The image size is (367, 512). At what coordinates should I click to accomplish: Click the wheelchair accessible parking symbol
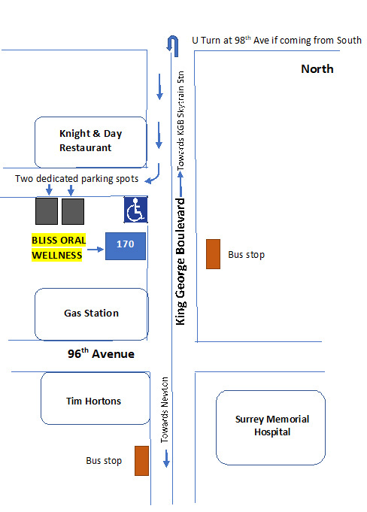[135, 211]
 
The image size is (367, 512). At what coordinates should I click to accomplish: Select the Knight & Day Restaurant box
[91, 141]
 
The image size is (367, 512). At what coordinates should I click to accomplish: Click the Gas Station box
[91, 314]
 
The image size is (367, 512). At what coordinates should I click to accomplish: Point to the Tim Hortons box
[93, 401]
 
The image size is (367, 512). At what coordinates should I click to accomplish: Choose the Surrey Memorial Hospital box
[271, 426]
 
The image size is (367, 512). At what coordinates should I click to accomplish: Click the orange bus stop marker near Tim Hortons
[141, 460]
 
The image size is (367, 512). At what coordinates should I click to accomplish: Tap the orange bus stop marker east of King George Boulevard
[213, 254]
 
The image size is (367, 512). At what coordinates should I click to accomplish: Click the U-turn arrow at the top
[174, 44]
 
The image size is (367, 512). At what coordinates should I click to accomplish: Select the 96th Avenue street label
[101, 353]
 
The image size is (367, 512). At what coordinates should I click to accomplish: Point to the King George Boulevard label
[180, 262]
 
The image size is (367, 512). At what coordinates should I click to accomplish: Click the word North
[317, 69]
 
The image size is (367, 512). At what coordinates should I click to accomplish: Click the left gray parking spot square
[47, 211]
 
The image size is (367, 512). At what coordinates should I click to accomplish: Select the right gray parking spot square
[73, 211]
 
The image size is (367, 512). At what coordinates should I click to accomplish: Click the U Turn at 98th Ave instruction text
[277, 40]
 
